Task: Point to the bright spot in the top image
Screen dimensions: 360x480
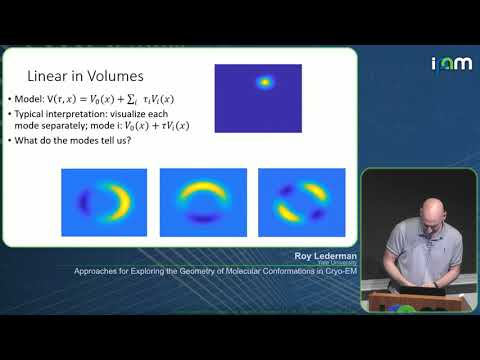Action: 265,83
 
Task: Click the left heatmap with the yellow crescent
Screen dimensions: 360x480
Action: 104,202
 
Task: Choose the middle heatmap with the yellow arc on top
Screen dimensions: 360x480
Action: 203,202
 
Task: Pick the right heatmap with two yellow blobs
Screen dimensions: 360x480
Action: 301,202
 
